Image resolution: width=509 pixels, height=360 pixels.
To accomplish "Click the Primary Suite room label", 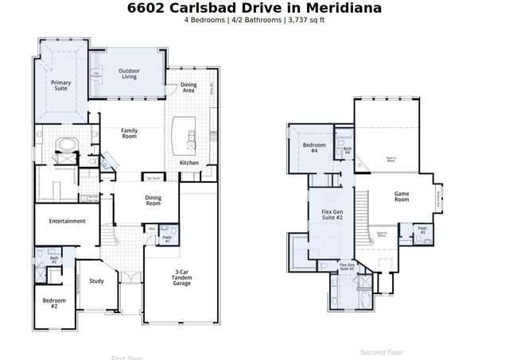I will [x=60, y=86].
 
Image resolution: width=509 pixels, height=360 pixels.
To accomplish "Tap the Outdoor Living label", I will [x=129, y=74].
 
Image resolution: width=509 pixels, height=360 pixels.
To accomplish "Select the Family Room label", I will [x=130, y=133].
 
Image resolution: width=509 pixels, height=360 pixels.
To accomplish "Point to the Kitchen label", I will [x=189, y=163].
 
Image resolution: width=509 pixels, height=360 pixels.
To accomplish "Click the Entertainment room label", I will [x=67, y=221].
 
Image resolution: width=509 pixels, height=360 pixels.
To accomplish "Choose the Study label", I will [x=96, y=281].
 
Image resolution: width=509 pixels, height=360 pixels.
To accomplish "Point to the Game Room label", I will [x=402, y=197].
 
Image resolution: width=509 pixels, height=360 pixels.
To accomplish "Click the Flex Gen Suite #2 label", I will [x=332, y=215].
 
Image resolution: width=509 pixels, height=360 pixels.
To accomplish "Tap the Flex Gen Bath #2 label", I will [x=347, y=268].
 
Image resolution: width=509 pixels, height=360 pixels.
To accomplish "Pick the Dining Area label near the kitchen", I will [x=188, y=87].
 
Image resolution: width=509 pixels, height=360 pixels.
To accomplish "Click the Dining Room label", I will [x=153, y=200].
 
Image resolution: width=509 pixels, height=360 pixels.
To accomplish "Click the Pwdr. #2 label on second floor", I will [x=423, y=232].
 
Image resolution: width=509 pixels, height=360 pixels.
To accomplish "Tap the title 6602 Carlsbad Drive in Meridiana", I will [x=254, y=8].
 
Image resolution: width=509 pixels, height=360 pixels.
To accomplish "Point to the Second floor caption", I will [x=382, y=351].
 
